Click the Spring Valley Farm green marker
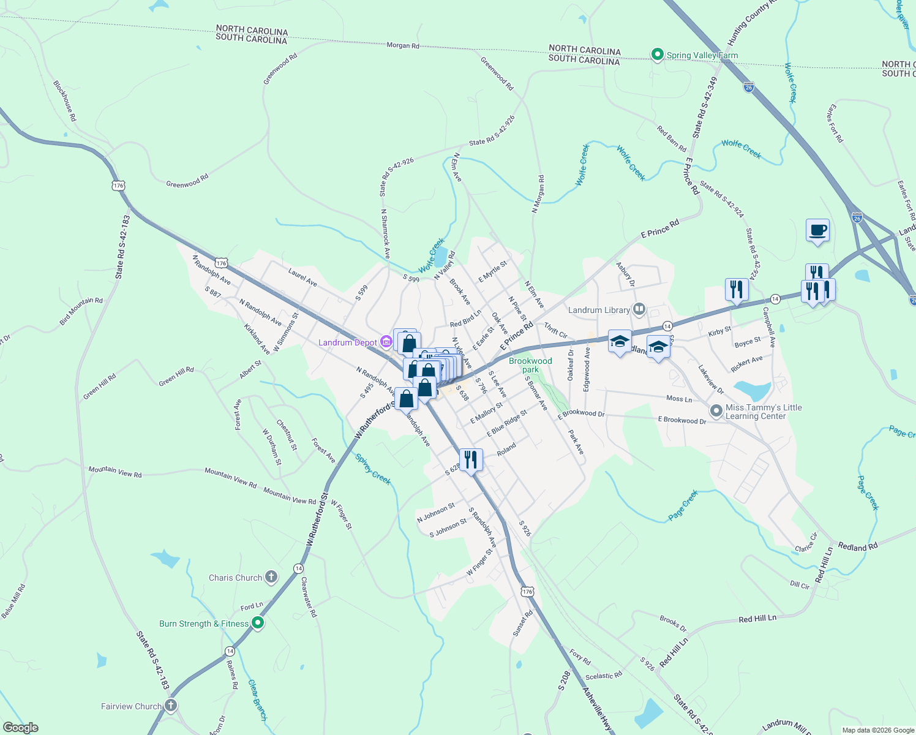pyautogui.click(x=658, y=55)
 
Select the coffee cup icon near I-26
pyautogui.click(x=817, y=231)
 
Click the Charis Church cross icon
pyautogui.click(x=271, y=577)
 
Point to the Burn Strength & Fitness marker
pyautogui.click(x=258, y=624)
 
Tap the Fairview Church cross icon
pyautogui.click(x=171, y=706)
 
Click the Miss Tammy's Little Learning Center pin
pyautogui.click(x=716, y=410)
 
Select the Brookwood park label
pyautogui.click(x=530, y=365)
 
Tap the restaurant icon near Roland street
pyautogui.click(x=471, y=459)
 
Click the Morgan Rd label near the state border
pyautogui.click(x=402, y=45)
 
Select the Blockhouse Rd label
pyautogui.click(x=64, y=100)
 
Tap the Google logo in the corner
pyautogui.click(x=20, y=728)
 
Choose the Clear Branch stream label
pyautogui.click(x=257, y=699)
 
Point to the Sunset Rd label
pyautogui.click(x=522, y=623)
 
